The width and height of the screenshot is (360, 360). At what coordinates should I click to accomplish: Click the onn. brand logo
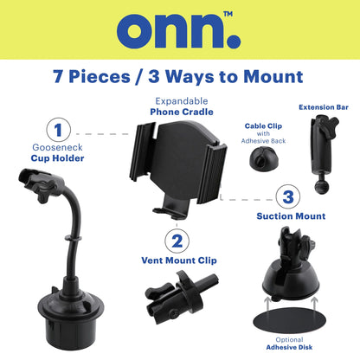(x=179, y=30)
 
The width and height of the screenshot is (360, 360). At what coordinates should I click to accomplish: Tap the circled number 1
(x=59, y=130)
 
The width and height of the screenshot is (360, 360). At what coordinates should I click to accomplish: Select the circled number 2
(x=177, y=241)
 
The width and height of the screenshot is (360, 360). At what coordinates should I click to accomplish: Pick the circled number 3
(x=288, y=197)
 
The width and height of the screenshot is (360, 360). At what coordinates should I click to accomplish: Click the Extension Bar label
(x=324, y=107)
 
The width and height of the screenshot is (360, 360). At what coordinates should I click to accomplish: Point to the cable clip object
(x=262, y=157)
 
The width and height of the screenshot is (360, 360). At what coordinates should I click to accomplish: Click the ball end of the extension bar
(x=322, y=187)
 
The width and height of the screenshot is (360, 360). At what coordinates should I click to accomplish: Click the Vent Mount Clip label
(x=179, y=260)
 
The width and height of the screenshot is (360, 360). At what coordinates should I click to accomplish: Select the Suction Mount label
(x=291, y=216)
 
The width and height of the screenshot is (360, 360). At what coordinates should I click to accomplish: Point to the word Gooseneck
(x=57, y=147)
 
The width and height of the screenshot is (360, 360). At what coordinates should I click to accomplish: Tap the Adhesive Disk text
(x=289, y=347)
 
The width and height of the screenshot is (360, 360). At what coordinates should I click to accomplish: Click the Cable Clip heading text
(x=263, y=126)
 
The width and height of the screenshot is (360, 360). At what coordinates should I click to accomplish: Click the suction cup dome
(x=291, y=279)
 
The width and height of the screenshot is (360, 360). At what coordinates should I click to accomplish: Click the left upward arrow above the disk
(x=268, y=308)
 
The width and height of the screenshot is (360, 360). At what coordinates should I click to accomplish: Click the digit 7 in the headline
(x=59, y=77)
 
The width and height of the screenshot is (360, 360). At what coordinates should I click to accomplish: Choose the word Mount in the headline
(x=273, y=77)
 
